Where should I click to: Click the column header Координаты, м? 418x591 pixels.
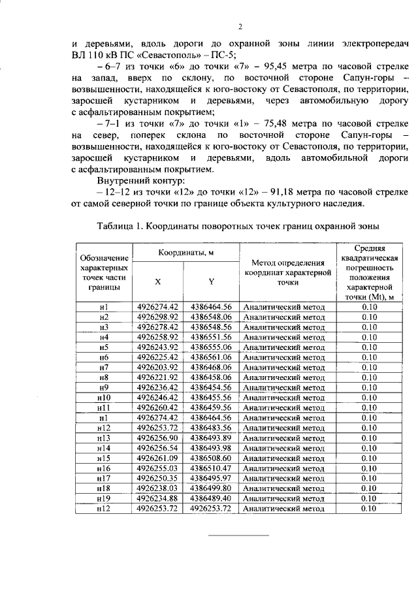(186, 253)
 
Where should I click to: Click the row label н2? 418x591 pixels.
(103, 316)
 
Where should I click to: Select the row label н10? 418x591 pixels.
(103, 396)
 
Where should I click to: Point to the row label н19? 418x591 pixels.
(103, 498)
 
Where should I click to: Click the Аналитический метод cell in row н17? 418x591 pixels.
(283, 478)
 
